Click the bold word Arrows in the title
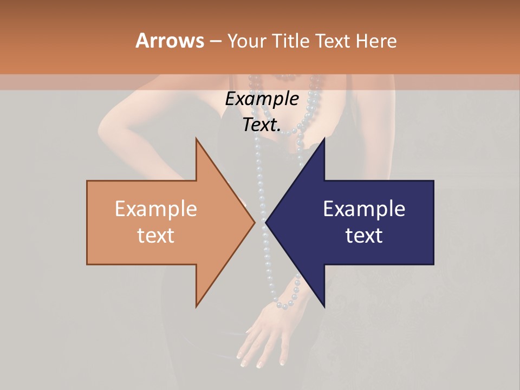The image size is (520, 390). pos(170,41)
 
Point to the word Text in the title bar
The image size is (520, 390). pos(334,41)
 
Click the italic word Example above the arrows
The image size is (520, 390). pos(262,99)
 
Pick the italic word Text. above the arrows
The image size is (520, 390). pos(262,125)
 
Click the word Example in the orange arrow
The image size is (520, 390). pos(156,209)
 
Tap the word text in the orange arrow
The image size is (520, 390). pos(156,235)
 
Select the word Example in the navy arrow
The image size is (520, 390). pos(364,209)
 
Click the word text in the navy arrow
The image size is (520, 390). pos(364,235)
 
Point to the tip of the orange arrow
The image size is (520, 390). pos(255,222)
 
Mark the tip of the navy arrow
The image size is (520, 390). pos(266,222)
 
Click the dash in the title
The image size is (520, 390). pos(216,41)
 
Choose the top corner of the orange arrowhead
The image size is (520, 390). pos(197,139)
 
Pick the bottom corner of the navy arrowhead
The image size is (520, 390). pos(324,307)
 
